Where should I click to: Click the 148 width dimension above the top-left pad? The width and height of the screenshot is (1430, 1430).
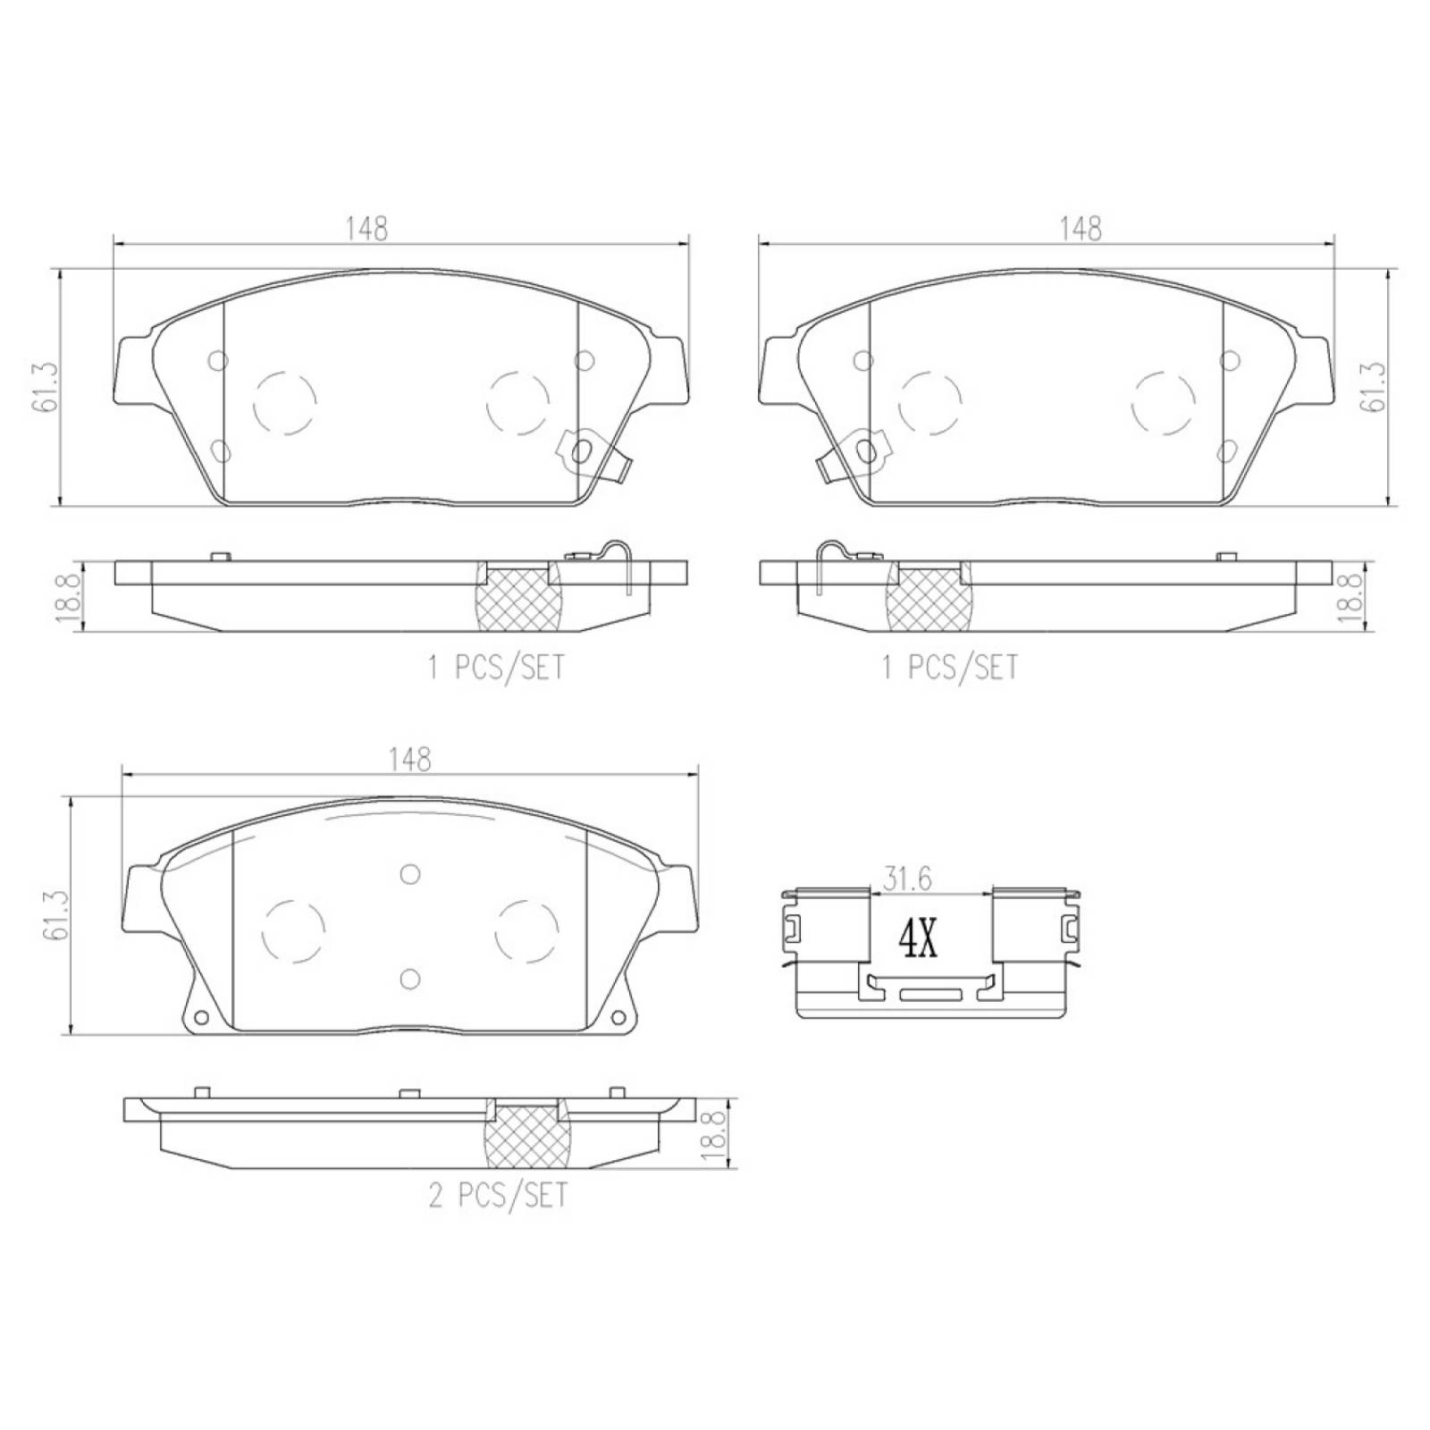click(367, 229)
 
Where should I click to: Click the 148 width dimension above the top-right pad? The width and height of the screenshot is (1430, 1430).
click(1080, 229)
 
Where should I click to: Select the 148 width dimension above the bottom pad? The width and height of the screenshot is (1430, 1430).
click(409, 759)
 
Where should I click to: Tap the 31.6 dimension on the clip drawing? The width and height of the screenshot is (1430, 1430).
click(907, 879)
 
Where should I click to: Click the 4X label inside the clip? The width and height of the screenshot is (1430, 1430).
click(917, 939)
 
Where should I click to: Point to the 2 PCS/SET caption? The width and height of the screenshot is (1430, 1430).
click(497, 1195)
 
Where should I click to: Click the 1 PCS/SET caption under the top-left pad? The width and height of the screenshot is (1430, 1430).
click(496, 667)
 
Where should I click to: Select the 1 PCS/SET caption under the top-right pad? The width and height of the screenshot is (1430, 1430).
click(949, 667)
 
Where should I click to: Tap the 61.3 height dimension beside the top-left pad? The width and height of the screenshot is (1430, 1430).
click(47, 387)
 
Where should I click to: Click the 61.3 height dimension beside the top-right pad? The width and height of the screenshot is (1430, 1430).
click(1372, 387)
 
